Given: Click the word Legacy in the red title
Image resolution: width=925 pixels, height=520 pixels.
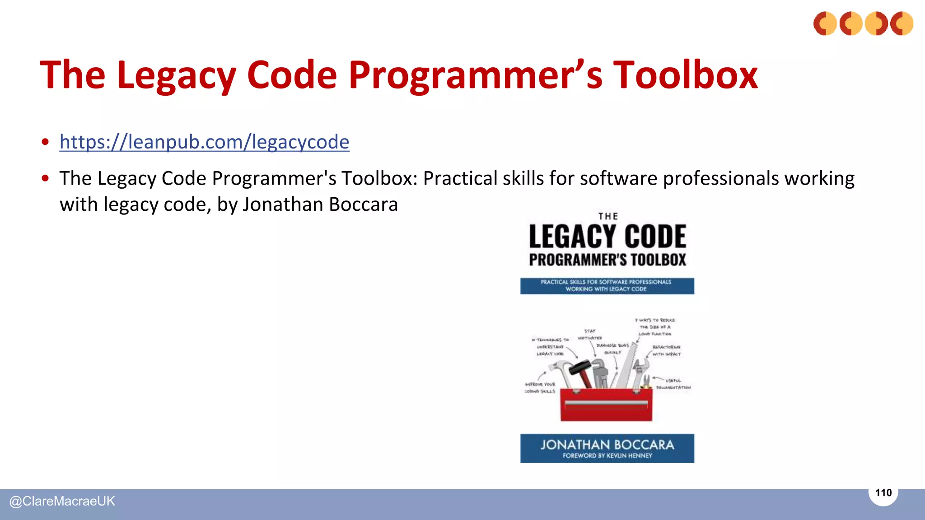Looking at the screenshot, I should (176, 75).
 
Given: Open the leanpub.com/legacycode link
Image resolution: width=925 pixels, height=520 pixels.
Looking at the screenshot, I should (204, 142).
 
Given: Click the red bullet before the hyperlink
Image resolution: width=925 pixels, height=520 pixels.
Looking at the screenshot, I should (45, 142).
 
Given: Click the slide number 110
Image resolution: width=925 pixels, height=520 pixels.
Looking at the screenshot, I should (883, 493).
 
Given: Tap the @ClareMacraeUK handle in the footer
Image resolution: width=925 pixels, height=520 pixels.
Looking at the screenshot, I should (62, 501).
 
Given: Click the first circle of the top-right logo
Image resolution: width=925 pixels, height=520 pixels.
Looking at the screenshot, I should (825, 23).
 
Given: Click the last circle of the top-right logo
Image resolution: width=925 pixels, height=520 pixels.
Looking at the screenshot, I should (902, 23).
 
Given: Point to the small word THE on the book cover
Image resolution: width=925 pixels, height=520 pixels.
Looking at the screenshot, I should (608, 217).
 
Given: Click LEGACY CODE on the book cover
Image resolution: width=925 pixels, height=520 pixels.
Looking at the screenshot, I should (607, 237).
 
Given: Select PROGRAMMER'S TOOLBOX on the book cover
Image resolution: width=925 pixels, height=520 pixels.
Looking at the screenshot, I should (607, 260).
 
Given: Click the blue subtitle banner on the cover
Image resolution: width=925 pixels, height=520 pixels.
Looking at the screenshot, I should (607, 286).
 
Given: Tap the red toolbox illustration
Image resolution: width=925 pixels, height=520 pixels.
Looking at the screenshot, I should (606, 404).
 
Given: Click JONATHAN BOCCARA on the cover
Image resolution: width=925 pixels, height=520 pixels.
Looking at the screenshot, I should (607, 445).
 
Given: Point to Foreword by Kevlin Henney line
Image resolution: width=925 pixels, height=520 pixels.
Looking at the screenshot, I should (607, 456).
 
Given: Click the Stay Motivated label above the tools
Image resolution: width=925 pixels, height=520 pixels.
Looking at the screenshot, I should (590, 334).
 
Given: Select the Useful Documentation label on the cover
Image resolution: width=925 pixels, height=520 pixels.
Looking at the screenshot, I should (673, 384).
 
